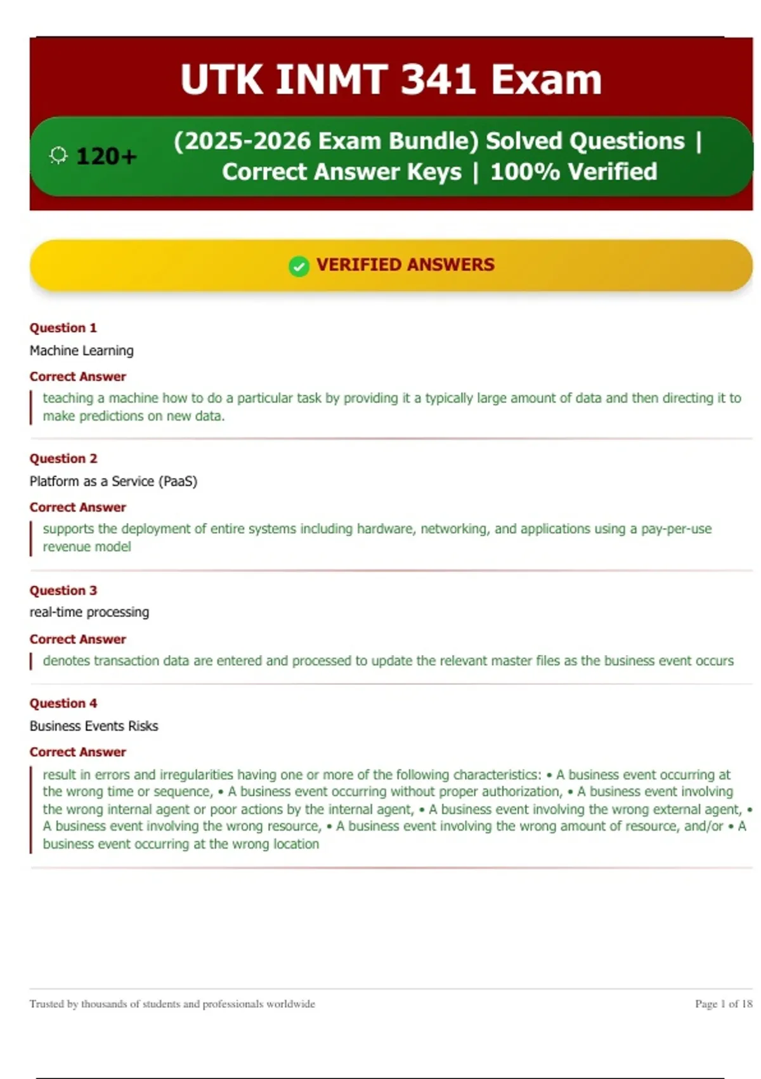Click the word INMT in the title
click(x=332, y=80)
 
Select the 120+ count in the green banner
click(x=106, y=156)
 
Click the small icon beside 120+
click(x=58, y=156)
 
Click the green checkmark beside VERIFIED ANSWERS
click(x=299, y=266)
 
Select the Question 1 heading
click(x=63, y=328)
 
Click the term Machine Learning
click(x=81, y=350)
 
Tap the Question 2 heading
click(x=63, y=459)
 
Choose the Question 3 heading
click(x=63, y=590)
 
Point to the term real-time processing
click(x=89, y=612)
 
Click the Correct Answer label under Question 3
click(x=77, y=639)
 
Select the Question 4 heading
click(x=63, y=703)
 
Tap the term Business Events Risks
click(x=93, y=725)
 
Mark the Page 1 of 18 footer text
click(x=723, y=1003)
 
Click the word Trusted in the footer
click(x=46, y=1003)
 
